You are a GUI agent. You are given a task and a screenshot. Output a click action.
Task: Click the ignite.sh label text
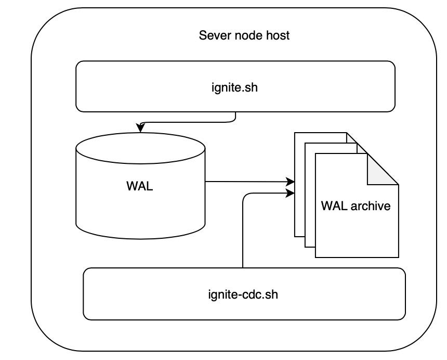pyautogui.click(x=235, y=87)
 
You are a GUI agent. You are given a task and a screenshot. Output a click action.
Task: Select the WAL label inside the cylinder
pyautogui.click(x=140, y=186)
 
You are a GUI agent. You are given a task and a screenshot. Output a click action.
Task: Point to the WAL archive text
pyautogui.click(x=356, y=205)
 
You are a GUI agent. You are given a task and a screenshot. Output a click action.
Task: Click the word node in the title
pyautogui.click(x=248, y=36)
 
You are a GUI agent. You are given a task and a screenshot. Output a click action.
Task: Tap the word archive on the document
pyautogui.click(x=370, y=205)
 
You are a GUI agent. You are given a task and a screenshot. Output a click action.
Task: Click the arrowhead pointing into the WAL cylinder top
pyautogui.click(x=140, y=129)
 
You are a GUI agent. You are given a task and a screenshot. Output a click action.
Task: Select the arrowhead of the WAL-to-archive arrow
pyautogui.click(x=291, y=182)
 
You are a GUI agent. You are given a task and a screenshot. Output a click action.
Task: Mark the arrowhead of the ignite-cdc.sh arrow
pyautogui.click(x=291, y=194)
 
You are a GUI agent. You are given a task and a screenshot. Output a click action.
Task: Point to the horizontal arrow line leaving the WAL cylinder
pyautogui.click(x=244, y=182)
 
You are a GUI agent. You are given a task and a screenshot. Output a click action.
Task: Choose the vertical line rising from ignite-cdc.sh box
pyautogui.click(x=243, y=234)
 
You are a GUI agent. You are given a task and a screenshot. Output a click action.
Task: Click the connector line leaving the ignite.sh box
pyautogui.click(x=235, y=117)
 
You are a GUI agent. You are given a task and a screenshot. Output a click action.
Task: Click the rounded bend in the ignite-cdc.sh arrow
pyautogui.click(x=245, y=196)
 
